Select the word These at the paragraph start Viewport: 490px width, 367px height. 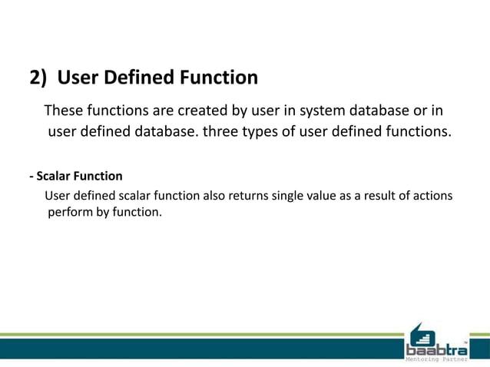pos(64,109)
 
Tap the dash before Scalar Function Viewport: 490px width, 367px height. pos(31,176)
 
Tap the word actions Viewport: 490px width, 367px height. pos(432,196)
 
